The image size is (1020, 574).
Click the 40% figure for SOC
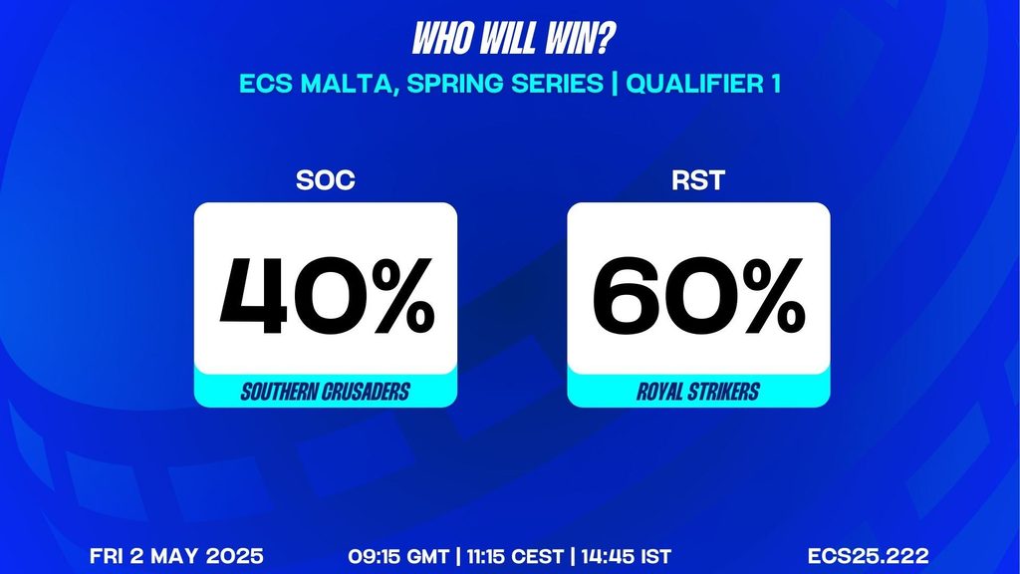point(327,296)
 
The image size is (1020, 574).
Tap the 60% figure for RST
point(699,296)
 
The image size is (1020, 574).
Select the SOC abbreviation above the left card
point(326,180)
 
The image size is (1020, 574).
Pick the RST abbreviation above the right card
point(698,180)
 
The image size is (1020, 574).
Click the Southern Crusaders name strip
point(326,391)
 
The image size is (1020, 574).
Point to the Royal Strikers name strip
point(698,391)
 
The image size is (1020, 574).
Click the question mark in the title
point(603,39)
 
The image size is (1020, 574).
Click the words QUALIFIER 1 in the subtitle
point(703,84)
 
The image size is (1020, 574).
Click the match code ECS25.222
point(869,556)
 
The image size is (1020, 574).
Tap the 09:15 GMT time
point(398,556)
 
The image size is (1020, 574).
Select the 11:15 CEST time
point(515,556)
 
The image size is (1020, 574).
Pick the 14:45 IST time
point(626,556)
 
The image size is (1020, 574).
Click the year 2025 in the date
point(235,556)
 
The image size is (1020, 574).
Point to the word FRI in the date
point(107,556)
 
